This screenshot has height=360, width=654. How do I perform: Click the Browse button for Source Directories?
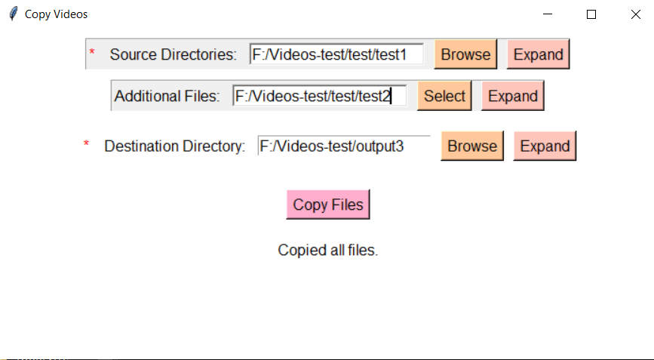[465, 54]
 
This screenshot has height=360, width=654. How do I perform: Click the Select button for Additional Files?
[444, 96]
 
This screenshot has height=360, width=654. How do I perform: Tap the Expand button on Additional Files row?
[512, 96]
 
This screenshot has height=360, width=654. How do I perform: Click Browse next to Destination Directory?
[472, 146]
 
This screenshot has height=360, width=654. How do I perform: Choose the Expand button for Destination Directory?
[545, 146]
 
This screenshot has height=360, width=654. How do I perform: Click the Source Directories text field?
[336, 54]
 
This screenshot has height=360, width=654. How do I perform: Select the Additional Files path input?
[319, 96]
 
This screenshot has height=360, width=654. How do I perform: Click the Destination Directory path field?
[343, 146]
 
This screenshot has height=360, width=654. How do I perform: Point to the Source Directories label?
[173, 54]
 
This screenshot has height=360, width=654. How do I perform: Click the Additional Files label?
[167, 96]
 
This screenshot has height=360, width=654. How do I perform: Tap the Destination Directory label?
[175, 146]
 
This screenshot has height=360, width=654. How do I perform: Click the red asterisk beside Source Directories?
[93, 53]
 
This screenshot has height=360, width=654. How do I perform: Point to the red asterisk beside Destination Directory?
[86, 144]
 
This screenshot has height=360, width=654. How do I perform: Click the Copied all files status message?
[328, 250]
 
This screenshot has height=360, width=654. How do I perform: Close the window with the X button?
[635, 14]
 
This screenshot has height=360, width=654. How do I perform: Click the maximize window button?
[591, 14]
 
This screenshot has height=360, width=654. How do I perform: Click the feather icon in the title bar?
[12, 14]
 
